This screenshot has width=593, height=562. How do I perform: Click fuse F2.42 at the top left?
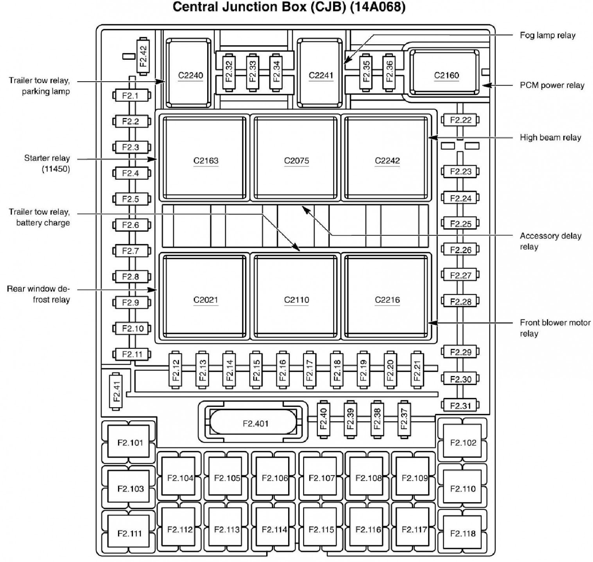point(143,56)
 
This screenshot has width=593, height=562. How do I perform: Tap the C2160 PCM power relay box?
point(446,73)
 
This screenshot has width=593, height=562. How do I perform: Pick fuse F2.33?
point(253,71)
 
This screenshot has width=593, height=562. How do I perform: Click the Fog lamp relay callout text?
point(547,35)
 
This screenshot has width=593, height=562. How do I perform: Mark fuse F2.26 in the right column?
point(460,250)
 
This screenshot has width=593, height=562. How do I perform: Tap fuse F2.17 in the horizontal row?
point(309,369)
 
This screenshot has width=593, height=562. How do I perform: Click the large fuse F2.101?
point(130,442)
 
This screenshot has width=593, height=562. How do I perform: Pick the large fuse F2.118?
point(462,533)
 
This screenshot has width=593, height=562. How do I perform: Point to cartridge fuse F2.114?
point(274,529)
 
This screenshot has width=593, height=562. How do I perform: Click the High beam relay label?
point(550,138)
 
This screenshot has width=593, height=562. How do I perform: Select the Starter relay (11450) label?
point(47,163)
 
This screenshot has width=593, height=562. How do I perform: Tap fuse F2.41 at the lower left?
point(116,391)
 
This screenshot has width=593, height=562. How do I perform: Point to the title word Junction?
point(266,7)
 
